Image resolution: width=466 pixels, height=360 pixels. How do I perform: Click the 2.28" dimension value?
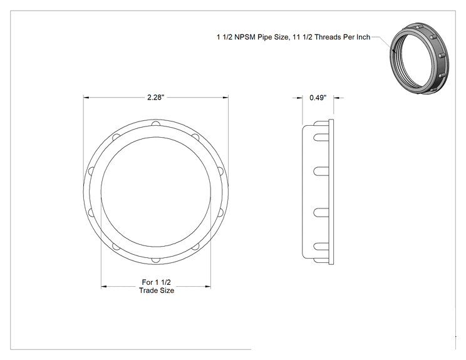click(156, 98)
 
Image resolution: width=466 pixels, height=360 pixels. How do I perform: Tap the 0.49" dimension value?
click(318, 98)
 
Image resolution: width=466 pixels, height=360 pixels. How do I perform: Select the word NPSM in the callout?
click(245, 37)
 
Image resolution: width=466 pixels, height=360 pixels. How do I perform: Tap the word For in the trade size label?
click(147, 282)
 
